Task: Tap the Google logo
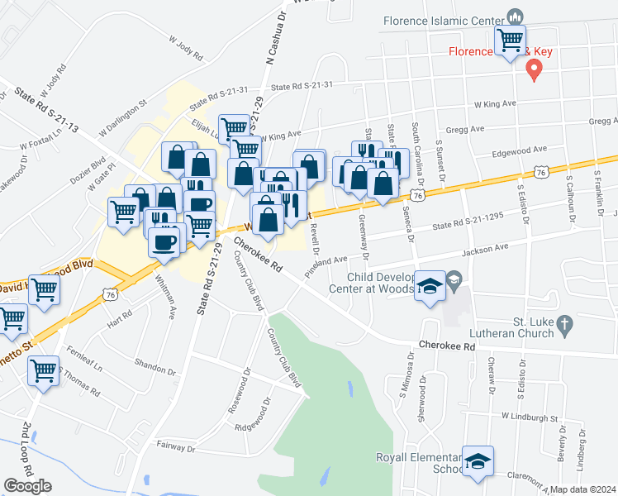27,486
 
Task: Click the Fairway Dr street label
174,448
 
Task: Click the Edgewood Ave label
520,150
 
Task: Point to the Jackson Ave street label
486,248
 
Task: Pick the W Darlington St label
121,119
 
